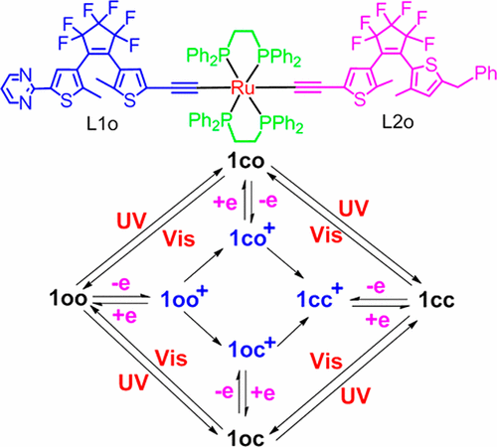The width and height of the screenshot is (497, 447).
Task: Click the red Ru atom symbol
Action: coord(243,87)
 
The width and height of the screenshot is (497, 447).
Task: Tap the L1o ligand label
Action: coord(102,124)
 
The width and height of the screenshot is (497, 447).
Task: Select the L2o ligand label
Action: coord(398,122)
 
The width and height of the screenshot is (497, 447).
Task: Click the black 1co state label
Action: coord(246,162)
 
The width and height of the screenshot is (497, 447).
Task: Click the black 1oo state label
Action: coord(69,297)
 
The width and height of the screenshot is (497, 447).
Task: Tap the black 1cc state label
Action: coord(436,300)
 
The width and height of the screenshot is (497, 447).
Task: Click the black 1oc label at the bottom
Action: coord(246,438)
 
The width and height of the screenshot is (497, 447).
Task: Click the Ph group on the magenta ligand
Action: coord(485,74)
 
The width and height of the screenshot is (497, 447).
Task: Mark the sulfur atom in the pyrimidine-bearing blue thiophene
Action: coord(67,99)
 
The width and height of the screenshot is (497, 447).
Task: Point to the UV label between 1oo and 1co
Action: coord(131,221)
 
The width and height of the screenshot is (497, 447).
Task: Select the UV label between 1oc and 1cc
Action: coord(355,395)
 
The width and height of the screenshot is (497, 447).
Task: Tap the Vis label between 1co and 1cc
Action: coord(326,234)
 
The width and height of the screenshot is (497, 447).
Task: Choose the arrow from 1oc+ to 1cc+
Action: coord(293,332)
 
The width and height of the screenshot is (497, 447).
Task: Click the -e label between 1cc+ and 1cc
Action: coord(376,286)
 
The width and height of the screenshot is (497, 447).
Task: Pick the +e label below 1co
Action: coord(226,203)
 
